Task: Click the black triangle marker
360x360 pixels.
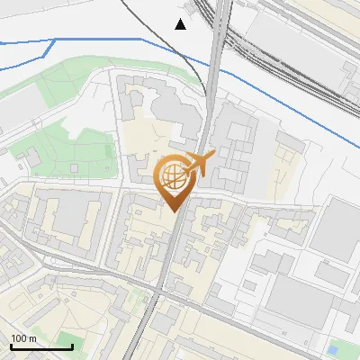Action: (x=181, y=23)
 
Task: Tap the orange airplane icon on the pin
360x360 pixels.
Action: (x=201, y=164)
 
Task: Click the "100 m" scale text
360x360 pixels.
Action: (x=24, y=337)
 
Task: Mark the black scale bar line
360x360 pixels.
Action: (x=41, y=346)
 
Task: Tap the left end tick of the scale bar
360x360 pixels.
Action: (x=11, y=346)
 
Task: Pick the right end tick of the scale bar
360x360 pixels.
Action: (x=72, y=346)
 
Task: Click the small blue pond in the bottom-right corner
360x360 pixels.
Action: (x=334, y=349)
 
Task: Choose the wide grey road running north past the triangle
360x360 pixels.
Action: (x=215, y=72)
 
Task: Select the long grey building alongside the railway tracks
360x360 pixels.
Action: (x=297, y=49)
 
